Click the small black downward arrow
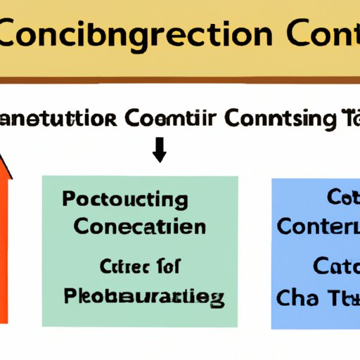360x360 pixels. [x=160, y=148]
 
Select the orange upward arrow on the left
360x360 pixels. [x=9, y=239]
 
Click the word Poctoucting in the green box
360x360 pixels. [x=124, y=200]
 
